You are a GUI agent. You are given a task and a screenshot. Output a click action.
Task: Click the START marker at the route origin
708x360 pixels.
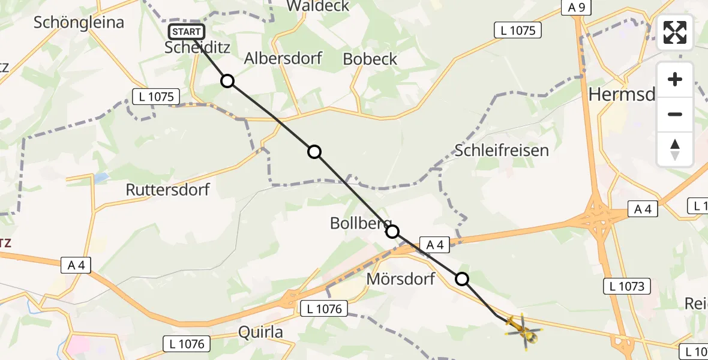click(x=187, y=32)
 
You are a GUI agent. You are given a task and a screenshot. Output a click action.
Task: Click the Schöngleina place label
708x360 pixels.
click(x=79, y=23)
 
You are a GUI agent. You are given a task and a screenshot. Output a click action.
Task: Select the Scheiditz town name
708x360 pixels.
click(x=197, y=48)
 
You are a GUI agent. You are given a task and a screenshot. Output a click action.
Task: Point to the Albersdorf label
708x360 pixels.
click(x=283, y=58)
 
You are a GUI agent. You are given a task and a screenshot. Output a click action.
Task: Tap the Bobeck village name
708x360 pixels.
click(x=370, y=59)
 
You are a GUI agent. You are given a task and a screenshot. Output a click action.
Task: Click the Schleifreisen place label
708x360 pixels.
click(x=502, y=150)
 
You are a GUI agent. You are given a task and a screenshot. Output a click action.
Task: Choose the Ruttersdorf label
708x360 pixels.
click(x=168, y=190)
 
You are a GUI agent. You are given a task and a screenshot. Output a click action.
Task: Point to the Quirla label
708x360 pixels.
click(x=260, y=332)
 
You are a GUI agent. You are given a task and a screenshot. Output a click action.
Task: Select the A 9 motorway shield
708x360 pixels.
click(x=577, y=7)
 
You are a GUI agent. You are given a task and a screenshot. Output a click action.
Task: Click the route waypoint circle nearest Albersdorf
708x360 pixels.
click(x=227, y=81)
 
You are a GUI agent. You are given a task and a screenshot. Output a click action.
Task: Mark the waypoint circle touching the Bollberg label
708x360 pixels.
click(x=392, y=231)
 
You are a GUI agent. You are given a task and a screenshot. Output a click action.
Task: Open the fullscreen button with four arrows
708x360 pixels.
click(x=675, y=32)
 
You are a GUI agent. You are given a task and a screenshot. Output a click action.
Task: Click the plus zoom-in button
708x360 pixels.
click(x=675, y=80)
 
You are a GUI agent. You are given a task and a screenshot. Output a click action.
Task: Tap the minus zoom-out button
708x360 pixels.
click(x=675, y=114)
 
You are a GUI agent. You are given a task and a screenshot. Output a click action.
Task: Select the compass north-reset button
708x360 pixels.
click(x=675, y=149)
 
